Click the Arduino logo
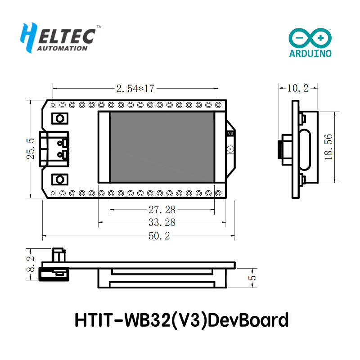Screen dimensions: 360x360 pyautogui.click(x=310, y=43)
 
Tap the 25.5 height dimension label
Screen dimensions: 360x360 pyautogui.click(x=31, y=148)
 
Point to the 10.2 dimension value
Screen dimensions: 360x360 pyautogui.click(x=297, y=88)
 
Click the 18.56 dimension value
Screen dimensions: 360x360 pyautogui.click(x=328, y=147)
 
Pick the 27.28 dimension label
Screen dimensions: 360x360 pyautogui.click(x=162, y=209)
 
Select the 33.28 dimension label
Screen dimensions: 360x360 pyautogui.click(x=162, y=222)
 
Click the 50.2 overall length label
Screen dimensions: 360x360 pyautogui.click(x=158, y=236)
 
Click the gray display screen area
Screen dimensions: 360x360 pyautogui.click(x=162, y=147)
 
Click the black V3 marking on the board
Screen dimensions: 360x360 pyautogui.click(x=230, y=134)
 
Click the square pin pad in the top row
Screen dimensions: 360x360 pyautogui.click(x=53, y=105)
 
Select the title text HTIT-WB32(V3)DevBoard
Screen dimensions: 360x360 pyautogui.click(x=181, y=320)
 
